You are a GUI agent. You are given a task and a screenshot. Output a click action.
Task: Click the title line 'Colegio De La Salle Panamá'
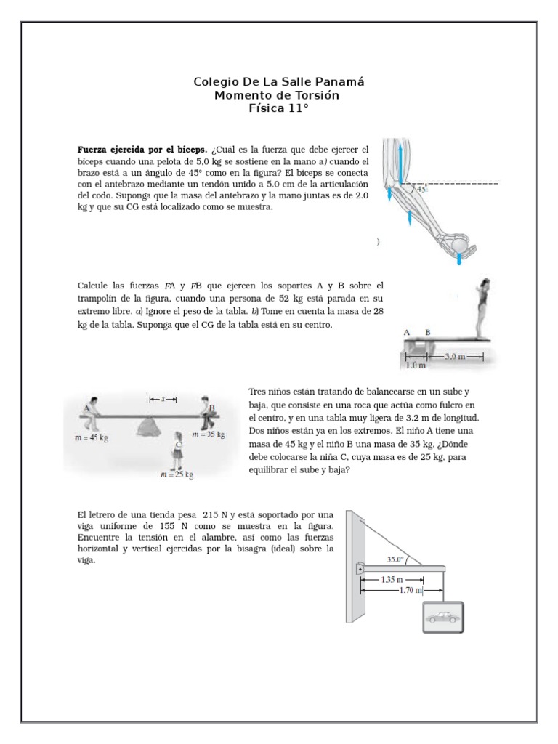278,82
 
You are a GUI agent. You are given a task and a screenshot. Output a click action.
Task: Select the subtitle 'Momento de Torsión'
278,95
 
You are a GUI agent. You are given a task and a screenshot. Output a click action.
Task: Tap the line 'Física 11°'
278,108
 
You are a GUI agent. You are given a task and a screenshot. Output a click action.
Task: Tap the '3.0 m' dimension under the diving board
453,357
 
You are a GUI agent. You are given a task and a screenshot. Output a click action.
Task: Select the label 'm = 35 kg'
208,434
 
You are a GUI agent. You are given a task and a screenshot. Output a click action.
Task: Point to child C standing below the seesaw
177,452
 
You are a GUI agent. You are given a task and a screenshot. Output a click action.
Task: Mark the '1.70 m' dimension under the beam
411,591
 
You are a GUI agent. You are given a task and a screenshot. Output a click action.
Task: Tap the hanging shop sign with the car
443,618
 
